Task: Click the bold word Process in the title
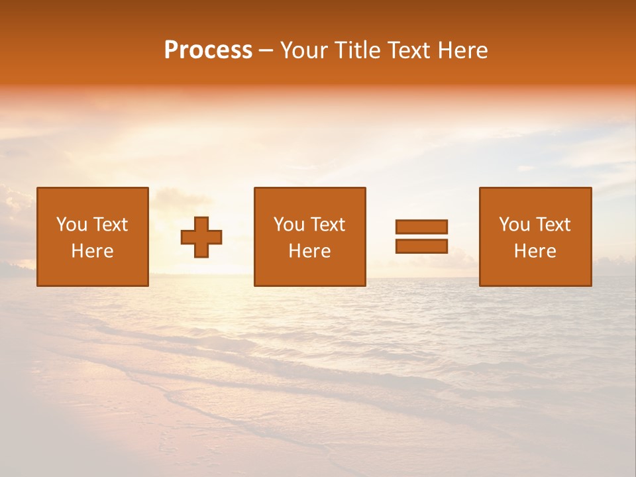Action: tap(208, 50)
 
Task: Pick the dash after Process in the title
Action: tap(266, 51)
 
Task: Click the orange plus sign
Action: tap(201, 237)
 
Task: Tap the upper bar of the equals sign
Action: tap(421, 227)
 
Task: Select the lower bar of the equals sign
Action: tap(421, 246)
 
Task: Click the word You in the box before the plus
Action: tap(72, 225)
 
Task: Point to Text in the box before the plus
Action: tap(110, 225)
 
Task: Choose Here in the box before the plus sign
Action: tap(92, 251)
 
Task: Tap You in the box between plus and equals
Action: tap(289, 225)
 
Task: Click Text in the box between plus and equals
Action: tap(327, 225)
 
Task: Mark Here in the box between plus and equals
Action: tap(309, 251)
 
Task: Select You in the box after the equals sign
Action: tap(514, 225)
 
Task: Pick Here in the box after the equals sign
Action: tap(535, 251)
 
